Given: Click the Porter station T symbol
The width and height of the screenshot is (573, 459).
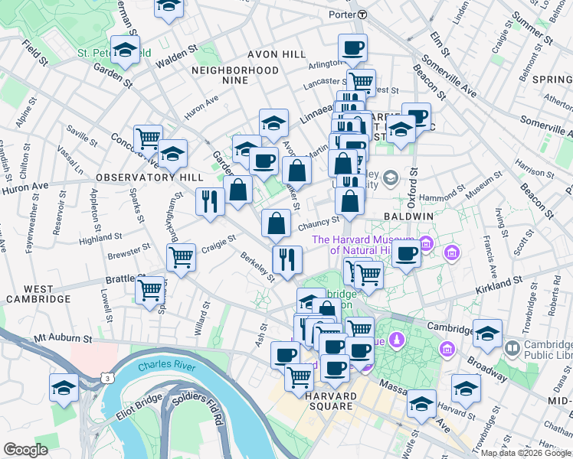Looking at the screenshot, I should tap(362, 15).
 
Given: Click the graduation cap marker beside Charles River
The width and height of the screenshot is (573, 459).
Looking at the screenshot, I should tap(64, 387).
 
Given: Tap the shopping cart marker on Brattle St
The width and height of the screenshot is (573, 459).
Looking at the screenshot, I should tap(149, 290).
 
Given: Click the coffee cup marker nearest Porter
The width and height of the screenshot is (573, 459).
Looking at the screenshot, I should tap(352, 48).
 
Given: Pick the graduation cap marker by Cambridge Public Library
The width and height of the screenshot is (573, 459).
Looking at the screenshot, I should tap(487, 333).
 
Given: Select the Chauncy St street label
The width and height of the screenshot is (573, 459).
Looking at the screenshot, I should tap(318, 223).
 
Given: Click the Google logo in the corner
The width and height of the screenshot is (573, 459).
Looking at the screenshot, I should tap(25, 450).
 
